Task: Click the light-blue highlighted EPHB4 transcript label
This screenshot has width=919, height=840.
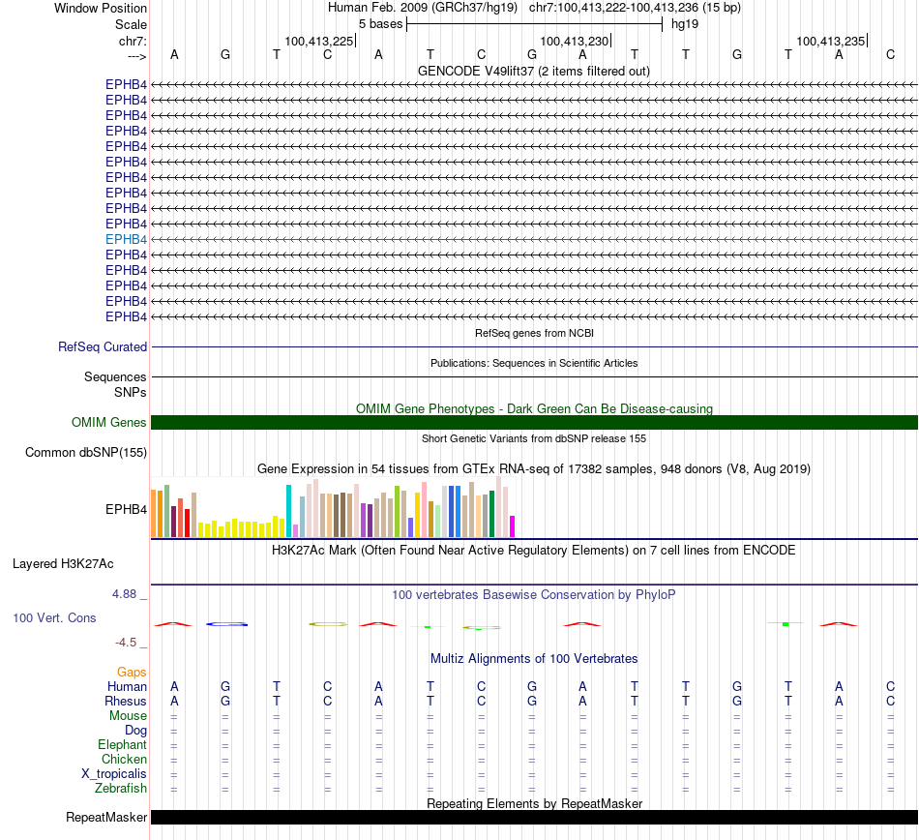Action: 126,239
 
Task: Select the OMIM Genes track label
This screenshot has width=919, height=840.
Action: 109,422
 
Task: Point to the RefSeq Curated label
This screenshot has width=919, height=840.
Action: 103,346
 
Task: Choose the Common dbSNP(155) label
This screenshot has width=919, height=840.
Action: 86,452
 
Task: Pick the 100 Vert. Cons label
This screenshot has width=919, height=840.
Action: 54,617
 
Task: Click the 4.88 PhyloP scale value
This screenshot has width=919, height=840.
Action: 126,594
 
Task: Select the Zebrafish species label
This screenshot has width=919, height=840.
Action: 121,789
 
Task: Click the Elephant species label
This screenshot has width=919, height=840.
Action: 122,745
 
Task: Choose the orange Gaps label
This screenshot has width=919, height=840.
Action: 132,672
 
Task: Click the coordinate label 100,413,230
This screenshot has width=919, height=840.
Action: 575,41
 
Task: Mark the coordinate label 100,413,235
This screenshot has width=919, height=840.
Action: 830,41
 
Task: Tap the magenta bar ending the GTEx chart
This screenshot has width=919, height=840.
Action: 512,525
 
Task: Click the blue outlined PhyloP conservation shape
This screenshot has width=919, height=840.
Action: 228,624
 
